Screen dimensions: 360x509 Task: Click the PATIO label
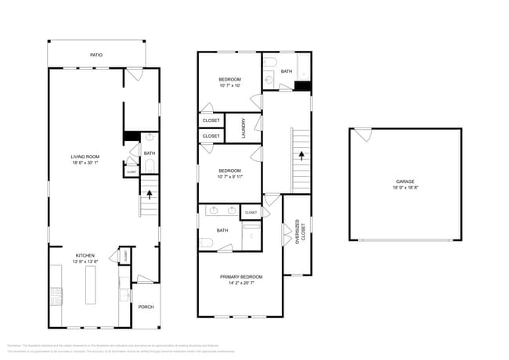pyautogui.click(x=96, y=55)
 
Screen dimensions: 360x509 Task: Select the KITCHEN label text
pyautogui.click(x=85, y=255)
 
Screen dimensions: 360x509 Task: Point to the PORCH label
pyautogui.click(x=146, y=306)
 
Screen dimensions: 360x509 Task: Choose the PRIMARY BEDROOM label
pyautogui.click(x=240, y=277)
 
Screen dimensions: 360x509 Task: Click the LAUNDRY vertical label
pyautogui.click(x=244, y=128)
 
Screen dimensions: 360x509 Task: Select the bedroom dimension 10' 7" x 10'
pyautogui.click(x=229, y=85)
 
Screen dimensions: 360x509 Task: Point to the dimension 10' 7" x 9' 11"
pyautogui.click(x=229, y=177)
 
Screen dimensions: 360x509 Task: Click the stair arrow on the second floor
pyautogui.click(x=301, y=155)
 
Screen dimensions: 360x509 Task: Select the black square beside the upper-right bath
pyautogui.click(x=303, y=86)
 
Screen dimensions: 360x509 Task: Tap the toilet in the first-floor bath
pyautogui.click(x=149, y=164)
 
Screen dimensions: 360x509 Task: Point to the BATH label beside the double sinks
pyautogui.click(x=222, y=230)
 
